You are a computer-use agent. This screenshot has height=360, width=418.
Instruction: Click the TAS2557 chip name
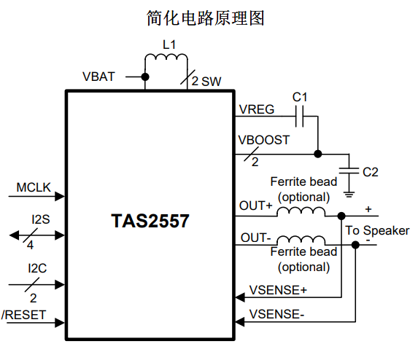[150, 221]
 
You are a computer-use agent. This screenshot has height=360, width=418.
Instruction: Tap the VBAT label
[98, 77]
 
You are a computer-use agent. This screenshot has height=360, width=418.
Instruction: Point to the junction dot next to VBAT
[145, 77]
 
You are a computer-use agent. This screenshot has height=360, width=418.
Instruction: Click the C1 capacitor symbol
[299, 117]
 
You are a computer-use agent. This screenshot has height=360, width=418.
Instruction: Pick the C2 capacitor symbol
[349, 171]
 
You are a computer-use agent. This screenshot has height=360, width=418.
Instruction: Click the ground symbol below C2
[349, 195]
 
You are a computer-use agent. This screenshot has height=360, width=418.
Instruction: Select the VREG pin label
[257, 109]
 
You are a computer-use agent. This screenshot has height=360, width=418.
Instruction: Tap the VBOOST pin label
[264, 140]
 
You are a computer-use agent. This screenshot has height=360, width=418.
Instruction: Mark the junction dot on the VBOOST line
[318, 154]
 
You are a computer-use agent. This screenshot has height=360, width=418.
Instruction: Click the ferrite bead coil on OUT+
[301, 211]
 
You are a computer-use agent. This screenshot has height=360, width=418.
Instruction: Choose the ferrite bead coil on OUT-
[301, 240]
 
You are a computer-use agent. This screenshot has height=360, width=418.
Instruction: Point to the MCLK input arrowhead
[60, 197]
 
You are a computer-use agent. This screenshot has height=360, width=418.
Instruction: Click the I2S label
[41, 219]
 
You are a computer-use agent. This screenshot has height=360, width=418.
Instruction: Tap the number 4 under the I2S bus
[30, 245]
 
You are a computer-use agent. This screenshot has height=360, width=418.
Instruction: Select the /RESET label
[24, 315]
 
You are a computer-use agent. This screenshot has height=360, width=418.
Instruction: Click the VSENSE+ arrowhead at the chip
[240, 297]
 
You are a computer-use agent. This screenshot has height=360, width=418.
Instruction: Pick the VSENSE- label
[276, 314]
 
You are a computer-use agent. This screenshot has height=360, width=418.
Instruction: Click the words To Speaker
[377, 230]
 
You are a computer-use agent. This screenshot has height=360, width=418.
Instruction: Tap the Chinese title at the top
[205, 18]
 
